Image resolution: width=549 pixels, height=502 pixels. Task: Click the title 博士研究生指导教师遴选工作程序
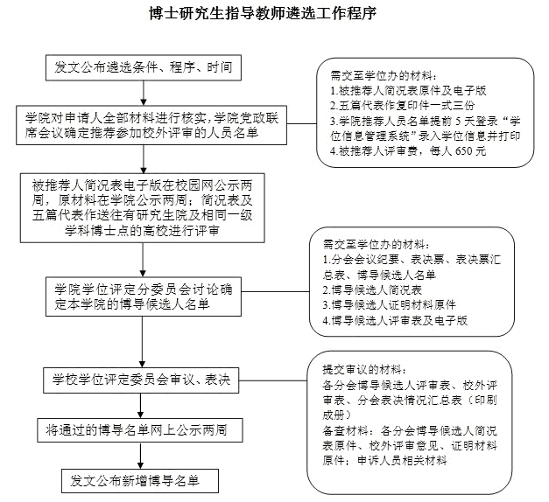pos(275,14)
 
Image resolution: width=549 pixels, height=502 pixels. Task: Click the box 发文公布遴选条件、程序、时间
pos(142,67)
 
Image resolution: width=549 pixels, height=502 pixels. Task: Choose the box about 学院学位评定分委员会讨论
pos(142,297)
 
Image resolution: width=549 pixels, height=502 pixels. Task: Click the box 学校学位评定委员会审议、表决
pos(142,380)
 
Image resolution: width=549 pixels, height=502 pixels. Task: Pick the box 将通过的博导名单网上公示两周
pos(142,430)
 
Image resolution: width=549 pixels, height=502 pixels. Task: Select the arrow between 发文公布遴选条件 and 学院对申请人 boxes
pos(142,93)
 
